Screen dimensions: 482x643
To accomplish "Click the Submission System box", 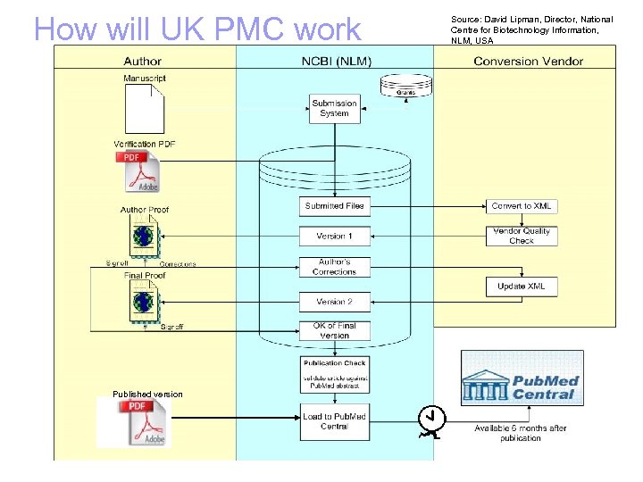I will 334,108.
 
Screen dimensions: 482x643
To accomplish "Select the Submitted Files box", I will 335,206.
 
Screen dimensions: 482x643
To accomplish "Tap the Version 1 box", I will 335,236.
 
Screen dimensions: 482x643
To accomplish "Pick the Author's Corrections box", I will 335,266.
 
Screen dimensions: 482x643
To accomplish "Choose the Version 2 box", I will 335,302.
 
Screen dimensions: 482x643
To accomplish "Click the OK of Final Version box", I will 335,330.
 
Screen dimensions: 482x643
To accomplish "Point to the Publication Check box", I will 335,374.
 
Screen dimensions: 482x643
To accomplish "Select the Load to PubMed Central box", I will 335,421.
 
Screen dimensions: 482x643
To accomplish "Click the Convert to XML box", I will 522,206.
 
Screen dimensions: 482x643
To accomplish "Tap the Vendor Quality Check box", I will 522,236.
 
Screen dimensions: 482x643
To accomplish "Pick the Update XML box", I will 522,287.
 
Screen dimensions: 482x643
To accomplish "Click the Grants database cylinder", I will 405,86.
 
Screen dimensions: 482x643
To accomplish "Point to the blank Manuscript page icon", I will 144,109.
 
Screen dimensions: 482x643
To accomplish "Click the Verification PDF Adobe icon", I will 138,171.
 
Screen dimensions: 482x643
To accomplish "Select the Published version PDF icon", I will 135,422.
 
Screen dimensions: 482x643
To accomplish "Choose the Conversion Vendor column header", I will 528,62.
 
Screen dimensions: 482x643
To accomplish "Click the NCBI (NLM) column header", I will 336,62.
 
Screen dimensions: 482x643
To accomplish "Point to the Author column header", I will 142,62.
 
